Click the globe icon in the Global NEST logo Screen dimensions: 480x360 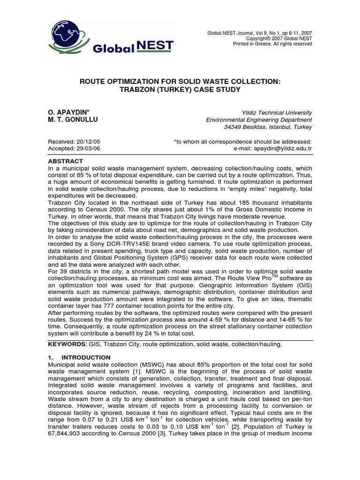click(x=67, y=35)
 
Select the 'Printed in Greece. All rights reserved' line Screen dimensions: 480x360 click(x=272, y=44)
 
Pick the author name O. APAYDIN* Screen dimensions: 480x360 click(x=68, y=112)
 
